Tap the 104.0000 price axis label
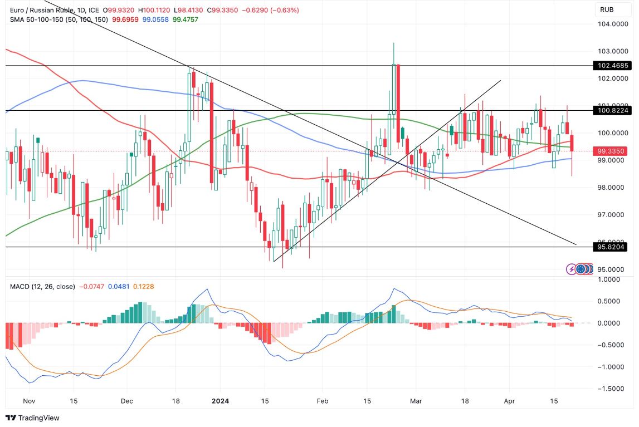pyautogui.click(x=609, y=24)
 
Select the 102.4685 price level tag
pyautogui.click(x=609, y=65)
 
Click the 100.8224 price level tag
pyautogui.click(x=609, y=111)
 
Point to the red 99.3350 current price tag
pyautogui.click(x=609, y=151)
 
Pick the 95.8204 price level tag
pyautogui.click(x=609, y=247)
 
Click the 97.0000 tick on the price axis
pyautogui.click(x=609, y=215)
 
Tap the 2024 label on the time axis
pyautogui.click(x=220, y=401)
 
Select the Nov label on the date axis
pyautogui.click(x=29, y=401)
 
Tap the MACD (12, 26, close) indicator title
pyautogui.click(x=42, y=286)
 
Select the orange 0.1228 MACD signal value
pyautogui.click(x=143, y=286)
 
